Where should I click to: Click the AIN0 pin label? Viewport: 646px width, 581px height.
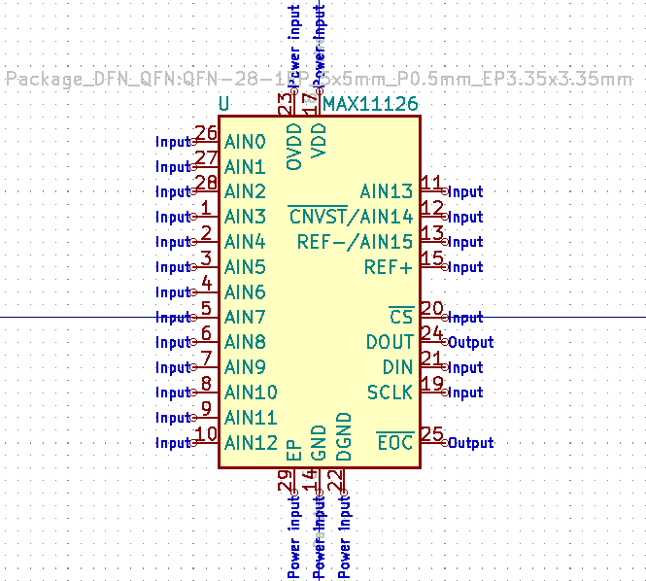click(x=245, y=142)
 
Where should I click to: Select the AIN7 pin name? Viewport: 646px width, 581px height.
click(x=245, y=318)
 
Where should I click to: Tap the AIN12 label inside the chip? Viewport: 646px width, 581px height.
click(x=251, y=443)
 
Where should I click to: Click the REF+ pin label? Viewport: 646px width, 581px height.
click(x=389, y=267)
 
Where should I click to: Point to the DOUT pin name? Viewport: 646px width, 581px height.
click(x=390, y=343)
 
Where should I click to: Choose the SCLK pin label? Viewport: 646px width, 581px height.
click(x=390, y=393)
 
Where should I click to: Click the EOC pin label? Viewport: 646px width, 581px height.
click(x=394, y=443)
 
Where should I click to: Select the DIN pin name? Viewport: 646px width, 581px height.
click(x=397, y=368)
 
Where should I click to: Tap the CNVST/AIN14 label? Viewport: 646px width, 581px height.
click(x=351, y=217)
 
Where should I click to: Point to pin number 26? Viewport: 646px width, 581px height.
click(x=205, y=134)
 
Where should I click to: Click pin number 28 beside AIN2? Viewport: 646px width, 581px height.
click(x=205, y=184)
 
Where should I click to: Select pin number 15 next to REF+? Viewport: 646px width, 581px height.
click(x=432, y=259)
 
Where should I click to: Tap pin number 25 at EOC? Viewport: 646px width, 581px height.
click(x=432, y=435)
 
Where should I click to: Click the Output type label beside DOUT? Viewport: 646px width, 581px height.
click(x=470, y=343)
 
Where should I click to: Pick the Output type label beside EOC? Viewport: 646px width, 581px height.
click(x=470, y=443)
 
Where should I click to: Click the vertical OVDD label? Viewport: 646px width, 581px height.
click(x=294, y=147)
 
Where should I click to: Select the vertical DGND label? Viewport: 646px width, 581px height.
click(x=343, y=437)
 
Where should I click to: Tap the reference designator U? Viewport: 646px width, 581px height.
click(x=224, y=104)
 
